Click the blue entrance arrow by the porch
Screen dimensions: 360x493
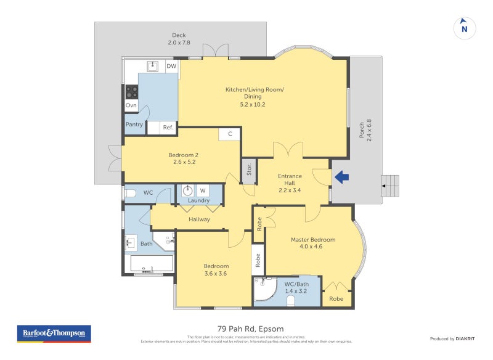341,178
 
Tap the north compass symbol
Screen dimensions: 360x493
465,28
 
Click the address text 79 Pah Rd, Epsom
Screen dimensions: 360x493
251,329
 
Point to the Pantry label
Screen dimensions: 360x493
134,125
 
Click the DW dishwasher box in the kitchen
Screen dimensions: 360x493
171,66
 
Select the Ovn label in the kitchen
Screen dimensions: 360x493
131,105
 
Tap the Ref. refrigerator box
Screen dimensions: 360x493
168,128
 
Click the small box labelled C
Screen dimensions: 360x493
229,134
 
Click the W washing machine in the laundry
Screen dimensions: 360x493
203,190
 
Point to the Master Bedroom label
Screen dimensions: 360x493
314,239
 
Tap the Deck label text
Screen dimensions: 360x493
178,35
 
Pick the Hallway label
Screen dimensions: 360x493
199,219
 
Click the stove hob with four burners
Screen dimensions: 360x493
132,92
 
